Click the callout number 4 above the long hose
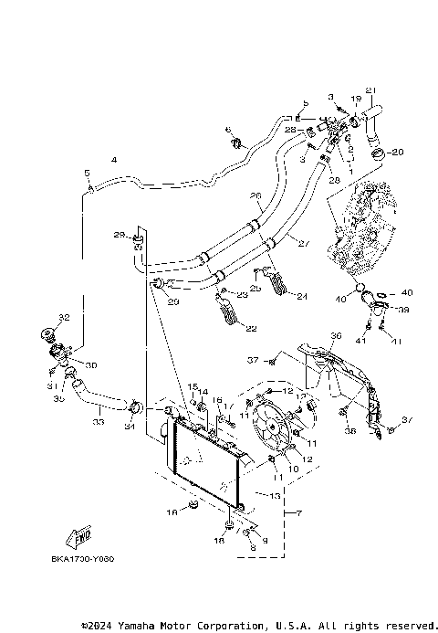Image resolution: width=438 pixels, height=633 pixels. (113, 160)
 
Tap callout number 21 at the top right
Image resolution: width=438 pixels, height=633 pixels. (370, 90)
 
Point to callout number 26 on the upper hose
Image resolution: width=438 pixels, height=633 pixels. (255, 196)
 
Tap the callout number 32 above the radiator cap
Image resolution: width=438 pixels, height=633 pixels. (63, 317)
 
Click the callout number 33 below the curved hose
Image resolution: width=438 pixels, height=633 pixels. (99, 422)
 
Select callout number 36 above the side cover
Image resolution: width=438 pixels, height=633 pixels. (335, 336)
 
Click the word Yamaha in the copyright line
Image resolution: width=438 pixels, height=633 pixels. (135, 626)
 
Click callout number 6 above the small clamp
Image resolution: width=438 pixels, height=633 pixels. (227, 129)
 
